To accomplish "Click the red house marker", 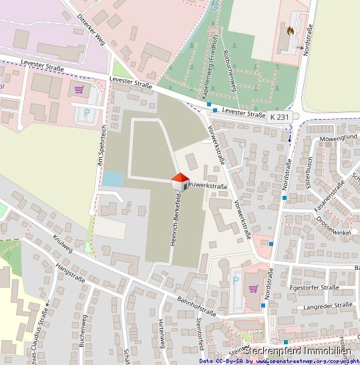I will coord(180,180).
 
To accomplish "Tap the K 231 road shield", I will coord(281,116).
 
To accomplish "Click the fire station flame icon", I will coord(291,30).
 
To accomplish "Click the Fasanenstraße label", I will coord(329,196).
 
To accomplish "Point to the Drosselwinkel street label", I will coord(334,221).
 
